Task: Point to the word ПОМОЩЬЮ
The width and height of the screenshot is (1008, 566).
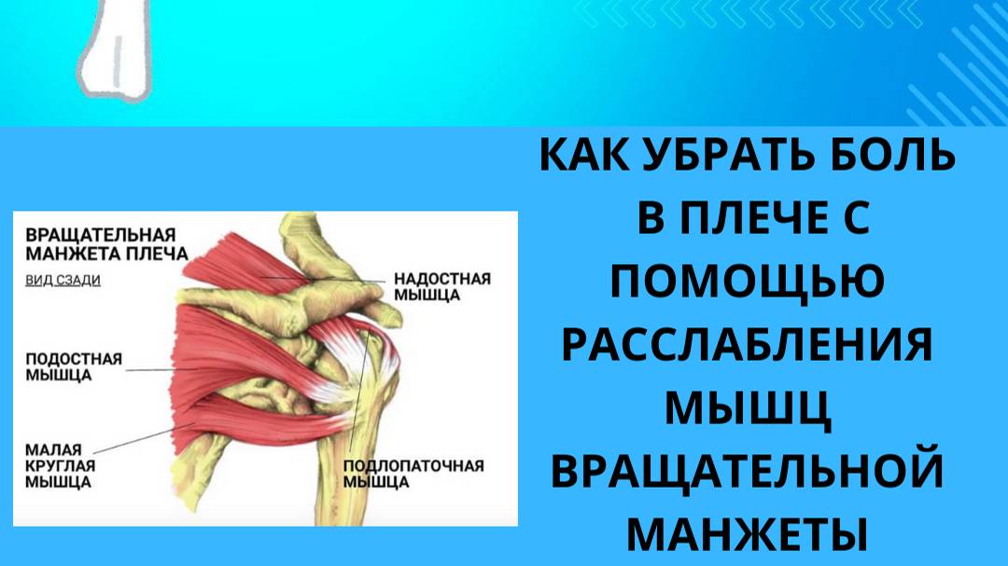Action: click(747, 283)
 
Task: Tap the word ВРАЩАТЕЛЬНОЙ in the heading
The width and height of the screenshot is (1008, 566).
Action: click(747, 473)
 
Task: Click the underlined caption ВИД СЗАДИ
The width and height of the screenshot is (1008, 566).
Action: click(63, 280)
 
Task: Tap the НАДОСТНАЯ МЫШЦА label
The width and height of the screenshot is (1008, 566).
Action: click(441, 286)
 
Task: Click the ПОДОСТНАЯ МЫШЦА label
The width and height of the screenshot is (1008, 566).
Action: click(73, 366)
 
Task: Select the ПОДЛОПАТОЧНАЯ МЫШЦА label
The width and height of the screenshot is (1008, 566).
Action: click(413, 474)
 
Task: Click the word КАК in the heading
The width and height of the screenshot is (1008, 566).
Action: click(579, 156)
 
